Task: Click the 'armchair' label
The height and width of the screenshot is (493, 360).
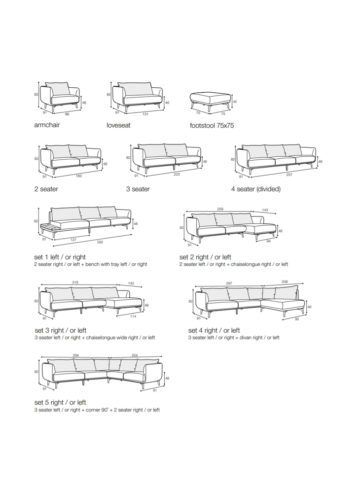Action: click(x=47, y=125)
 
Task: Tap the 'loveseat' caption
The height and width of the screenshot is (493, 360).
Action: click(x=118, y=125)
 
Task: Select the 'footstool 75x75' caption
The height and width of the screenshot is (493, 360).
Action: click(x=212, y=125)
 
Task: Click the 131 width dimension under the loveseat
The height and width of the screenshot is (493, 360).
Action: click(x=145, y=114)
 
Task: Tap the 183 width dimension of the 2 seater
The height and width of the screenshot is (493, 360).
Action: click(x=78, y=176)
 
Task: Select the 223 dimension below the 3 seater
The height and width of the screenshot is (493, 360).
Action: click(x=177, y=174)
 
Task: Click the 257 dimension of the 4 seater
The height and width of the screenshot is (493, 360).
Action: click(x=289, y=175)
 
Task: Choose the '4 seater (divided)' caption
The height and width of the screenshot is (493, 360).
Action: click(x=256, y=189)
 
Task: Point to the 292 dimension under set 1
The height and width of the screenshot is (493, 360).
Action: click(x=100, y=242)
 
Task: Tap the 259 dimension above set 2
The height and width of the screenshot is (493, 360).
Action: click(x=220, y=209)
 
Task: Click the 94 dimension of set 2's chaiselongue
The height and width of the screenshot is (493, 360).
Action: click(x=268, y=241)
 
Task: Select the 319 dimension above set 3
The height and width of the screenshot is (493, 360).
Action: click(x=75, y=282)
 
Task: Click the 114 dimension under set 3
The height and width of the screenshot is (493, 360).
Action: click(x=133, y=317)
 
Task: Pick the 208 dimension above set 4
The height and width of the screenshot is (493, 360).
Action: click(x=285, y=282)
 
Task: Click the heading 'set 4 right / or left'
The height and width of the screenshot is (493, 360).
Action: click(x=214, y=330)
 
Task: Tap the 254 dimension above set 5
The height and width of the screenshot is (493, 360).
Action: click(x=135, y=355)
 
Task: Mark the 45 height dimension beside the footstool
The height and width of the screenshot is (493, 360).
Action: click(x=235, y=102)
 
